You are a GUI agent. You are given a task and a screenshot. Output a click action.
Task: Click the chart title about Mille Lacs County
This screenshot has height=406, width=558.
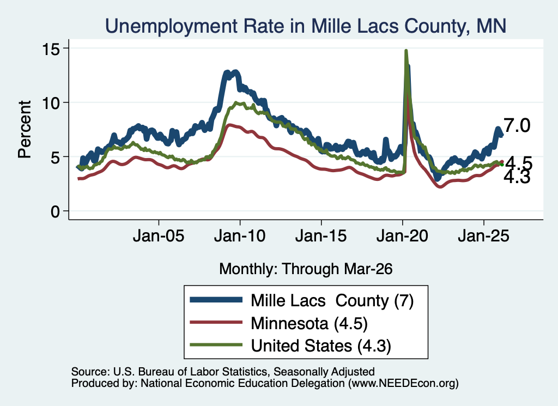[x=305, y=26]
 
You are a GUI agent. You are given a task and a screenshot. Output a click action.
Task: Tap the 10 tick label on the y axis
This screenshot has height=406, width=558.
[x=51, y=103]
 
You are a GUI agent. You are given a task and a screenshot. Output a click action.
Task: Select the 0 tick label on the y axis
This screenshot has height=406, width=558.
[x=55, y=211]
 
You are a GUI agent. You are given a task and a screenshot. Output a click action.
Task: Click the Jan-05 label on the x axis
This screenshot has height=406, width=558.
[x=159, y=235]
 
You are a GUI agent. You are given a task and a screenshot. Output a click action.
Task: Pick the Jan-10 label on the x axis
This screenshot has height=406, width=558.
[x=240, y=235]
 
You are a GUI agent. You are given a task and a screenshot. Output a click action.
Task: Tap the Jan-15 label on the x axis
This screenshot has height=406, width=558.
[x=321, y=235]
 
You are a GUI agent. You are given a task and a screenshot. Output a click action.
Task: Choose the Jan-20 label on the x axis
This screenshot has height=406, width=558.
[x=402, y=235]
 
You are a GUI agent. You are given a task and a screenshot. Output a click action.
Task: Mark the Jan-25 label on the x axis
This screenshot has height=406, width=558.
[x=484, y=235]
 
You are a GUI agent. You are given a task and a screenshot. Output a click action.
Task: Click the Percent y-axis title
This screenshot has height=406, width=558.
[x=25, y=129]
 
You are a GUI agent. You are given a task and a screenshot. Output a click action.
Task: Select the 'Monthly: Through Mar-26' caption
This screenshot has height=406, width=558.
[x=306, y=269]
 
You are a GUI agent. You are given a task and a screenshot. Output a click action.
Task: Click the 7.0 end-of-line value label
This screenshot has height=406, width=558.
[x=517, y=125]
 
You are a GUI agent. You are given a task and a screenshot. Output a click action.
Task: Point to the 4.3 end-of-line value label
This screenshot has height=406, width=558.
[x=517, y=178]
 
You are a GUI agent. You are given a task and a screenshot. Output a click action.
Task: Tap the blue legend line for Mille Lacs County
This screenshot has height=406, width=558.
[x=216, y=300]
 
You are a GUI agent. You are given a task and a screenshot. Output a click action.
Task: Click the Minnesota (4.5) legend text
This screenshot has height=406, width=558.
[x=309, y=324]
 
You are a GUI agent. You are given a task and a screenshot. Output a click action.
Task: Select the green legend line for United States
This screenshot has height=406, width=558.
[x=216, y=345]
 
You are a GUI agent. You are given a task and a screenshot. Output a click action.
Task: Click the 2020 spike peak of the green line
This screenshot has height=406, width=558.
[x=405, y=51]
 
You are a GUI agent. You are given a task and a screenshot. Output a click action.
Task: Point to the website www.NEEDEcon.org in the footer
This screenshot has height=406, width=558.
[x=403, y=383]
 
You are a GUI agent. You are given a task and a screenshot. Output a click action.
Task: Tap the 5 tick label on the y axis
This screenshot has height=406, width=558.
[x=55, y=157]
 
